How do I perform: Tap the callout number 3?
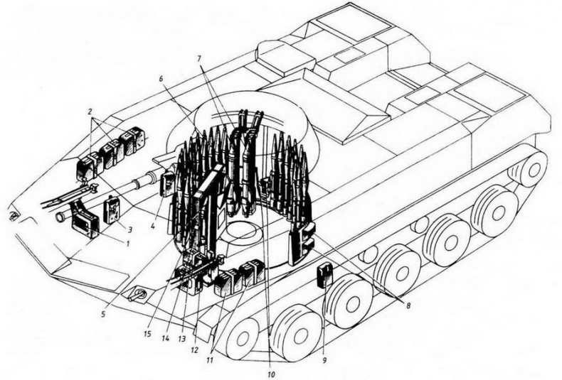[x=131, y=230]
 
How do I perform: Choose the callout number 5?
[x=105, y=313]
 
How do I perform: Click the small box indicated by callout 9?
[x=324, y=274]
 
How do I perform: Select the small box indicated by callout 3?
[x=112, y=210]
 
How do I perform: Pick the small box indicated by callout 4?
[x=168, y=184]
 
